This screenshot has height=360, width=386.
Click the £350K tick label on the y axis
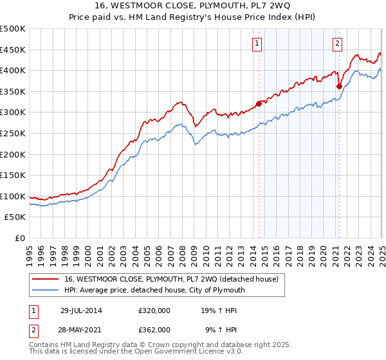[x=13, y=91]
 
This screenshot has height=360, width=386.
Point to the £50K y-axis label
[x=15, y=217]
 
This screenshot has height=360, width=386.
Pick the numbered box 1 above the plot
[x=257, y=44]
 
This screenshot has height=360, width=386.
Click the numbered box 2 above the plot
[x=338, y=44]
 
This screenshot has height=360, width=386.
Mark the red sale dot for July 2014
[x=259, y=103]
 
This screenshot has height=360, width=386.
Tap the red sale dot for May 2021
[x=339, y=85]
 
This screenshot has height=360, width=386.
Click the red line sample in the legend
[x=46, y=279]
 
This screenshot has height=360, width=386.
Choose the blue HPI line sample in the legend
[x=46, y=290]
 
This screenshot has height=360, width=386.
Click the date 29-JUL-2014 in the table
[x=81, y=310]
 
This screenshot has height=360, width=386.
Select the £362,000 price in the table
[x=154, y=329]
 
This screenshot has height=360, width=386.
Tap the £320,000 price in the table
[x=154, y=310]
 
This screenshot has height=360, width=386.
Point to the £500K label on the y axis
[x=13, y=29]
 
